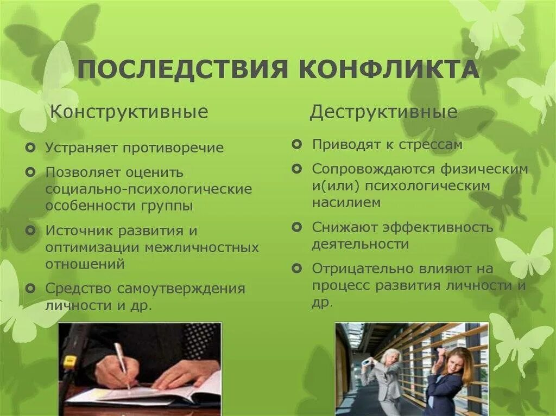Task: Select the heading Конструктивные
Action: [x=129, y=112]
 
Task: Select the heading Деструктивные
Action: [x=383, y=112]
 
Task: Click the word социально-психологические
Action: [x=149, y=189]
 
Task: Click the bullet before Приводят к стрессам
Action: [x=296, y=144]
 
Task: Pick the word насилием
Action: [x=346, y=202]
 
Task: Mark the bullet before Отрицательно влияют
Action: [x=296, y=267]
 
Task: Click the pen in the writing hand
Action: [x=122, y=364]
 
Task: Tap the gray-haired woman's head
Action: [x=390, y=357]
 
